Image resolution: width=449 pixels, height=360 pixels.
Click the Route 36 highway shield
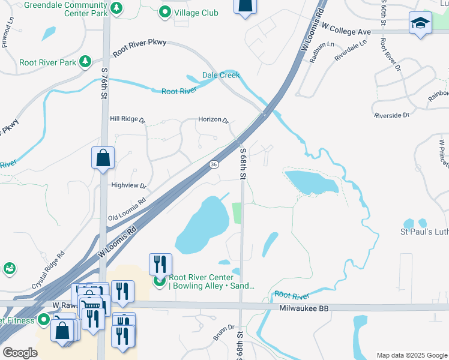(x=214, y=164)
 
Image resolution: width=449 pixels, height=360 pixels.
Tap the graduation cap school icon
(x=420, y=23)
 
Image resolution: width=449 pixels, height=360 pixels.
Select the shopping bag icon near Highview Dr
(x=103, y=158)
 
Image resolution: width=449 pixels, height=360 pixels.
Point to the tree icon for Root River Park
(x=86, y=62)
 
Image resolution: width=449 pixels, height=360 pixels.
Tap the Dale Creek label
(x=220, y=75)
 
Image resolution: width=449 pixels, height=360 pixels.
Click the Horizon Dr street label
(x=214, y=120)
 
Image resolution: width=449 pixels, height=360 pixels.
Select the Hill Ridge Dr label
(x=127, y=119)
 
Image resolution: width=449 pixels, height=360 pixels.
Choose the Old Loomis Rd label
(x=127, y=209)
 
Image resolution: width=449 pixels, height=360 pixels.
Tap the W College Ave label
(x=346, y=27)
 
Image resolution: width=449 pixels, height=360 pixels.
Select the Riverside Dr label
(x=391, y=115)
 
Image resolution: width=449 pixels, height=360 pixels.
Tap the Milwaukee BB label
(x=305, y=308)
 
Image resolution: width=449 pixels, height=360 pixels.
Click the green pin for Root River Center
(x=159, y=281)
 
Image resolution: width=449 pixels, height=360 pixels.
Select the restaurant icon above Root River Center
(x=160, y=263)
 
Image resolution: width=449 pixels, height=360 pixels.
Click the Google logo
(x=20, y=353)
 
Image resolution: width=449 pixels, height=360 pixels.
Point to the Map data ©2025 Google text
(x=411, y=355)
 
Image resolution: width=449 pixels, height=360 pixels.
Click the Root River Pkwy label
(x=139, y=47)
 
